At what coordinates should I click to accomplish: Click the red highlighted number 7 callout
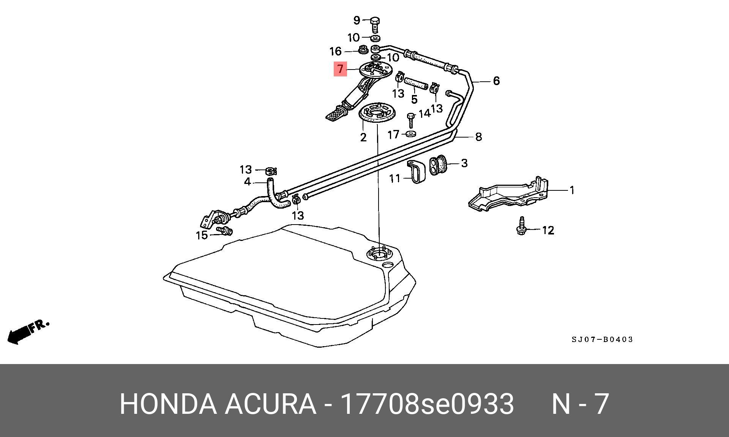coord(340,69)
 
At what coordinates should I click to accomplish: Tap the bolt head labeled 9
coord(375,21)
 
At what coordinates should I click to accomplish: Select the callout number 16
coord(335,51)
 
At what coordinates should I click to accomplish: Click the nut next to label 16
coord(363,50)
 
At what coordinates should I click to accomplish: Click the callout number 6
coord(496,81)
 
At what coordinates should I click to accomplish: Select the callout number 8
coord(478,137)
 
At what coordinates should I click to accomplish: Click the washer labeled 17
coord(411,134)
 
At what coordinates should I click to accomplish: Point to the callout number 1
coord(572,190)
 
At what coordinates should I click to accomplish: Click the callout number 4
coord(247,182)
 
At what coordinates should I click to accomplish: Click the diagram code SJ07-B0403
coord(602,339)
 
